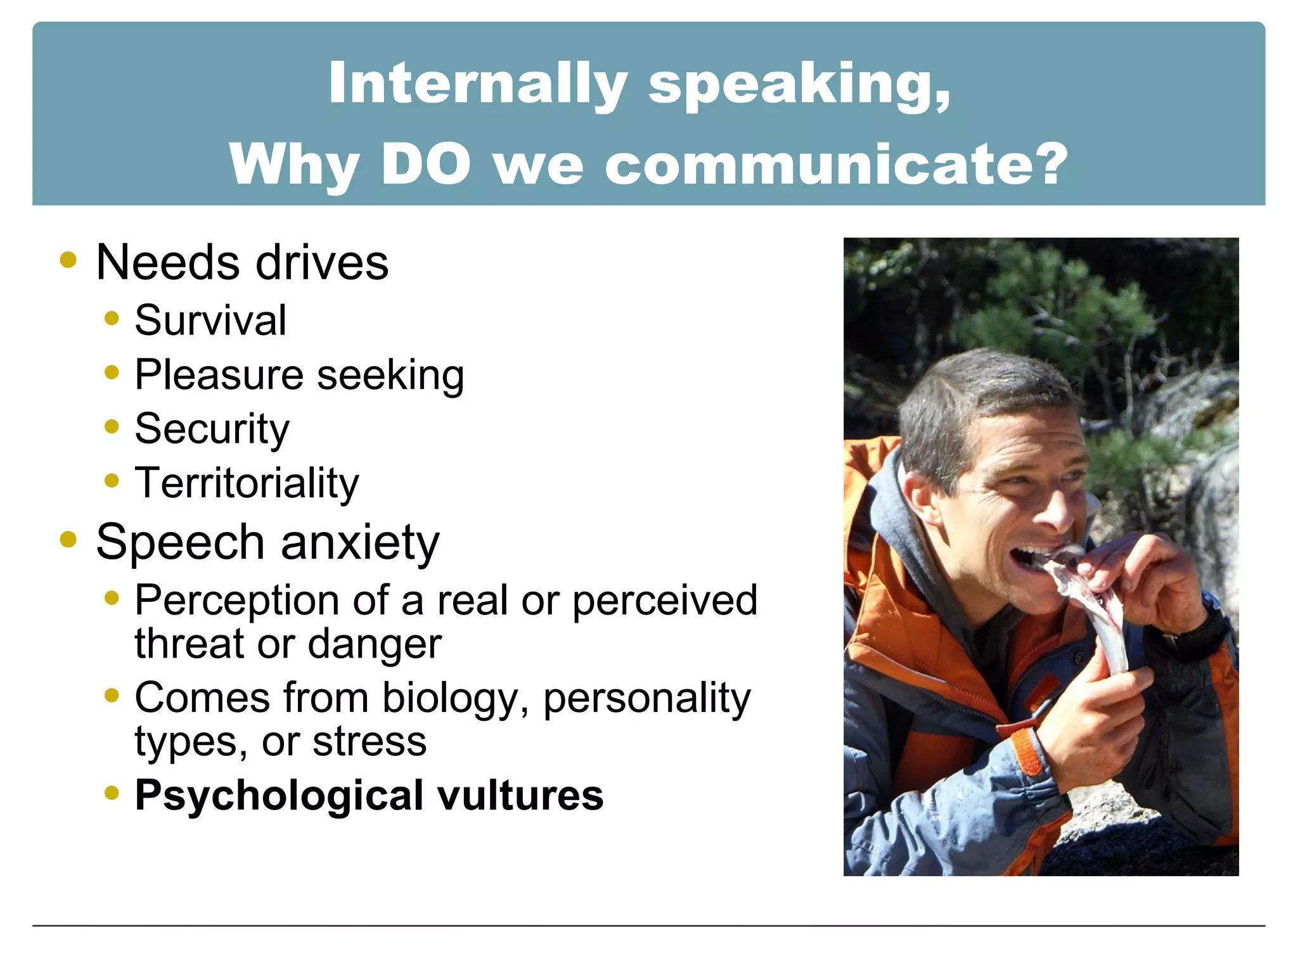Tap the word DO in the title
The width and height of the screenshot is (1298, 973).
[x=426, y=164]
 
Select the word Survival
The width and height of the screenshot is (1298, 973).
[x=210, y=321]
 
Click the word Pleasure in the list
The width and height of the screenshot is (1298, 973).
[x=219, y=375]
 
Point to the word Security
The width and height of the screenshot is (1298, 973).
[x=212, y=429]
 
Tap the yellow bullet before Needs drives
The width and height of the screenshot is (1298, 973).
[x=68, y=260]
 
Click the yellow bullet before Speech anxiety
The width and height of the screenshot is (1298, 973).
[x=68, y=540]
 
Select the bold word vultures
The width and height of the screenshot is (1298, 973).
[x=521, y=796]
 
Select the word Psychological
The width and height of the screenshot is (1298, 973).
[x=280, y=796]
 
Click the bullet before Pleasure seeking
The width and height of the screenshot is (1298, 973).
[x=112, y=372]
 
